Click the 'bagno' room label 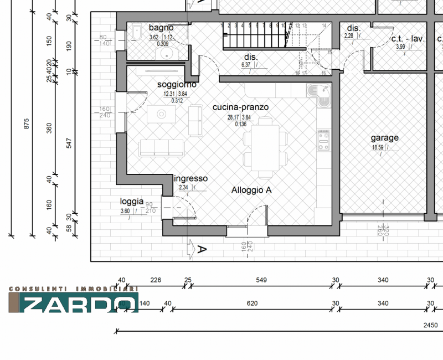click(161, 28)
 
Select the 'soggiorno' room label click(177, 85)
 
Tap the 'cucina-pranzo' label click(240, 107)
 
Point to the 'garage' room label click(384, 138)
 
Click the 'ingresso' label click(191, 179)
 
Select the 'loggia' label click(132, 202)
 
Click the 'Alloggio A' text click(251, 190)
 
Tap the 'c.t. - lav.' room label click(408, 39)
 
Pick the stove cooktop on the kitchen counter click(323, 140)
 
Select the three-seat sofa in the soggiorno click(161, 147)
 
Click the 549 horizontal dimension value click(261, 280)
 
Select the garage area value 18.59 click(378, 148)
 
